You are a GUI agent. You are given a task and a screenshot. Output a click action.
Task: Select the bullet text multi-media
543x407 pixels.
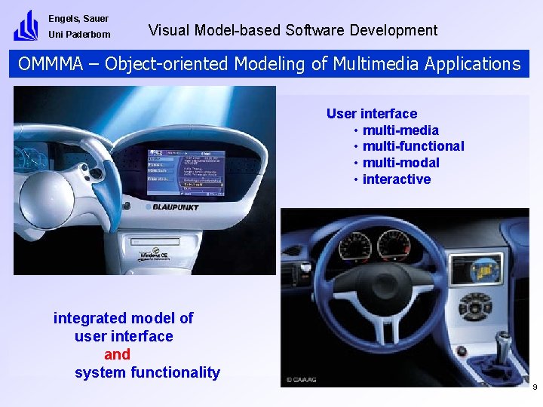click(400, 130)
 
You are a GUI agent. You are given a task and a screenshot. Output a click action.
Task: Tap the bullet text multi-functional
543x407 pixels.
click(413, 146)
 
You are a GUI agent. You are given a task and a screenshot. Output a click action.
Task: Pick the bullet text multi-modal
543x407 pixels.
click(400, 163)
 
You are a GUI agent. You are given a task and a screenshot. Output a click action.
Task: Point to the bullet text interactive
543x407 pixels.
click(397, 179)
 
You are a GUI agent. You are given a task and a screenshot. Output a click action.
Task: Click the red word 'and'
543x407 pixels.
click(117, 354)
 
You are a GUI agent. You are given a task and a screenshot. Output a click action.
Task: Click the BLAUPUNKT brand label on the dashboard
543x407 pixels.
click(175, 207)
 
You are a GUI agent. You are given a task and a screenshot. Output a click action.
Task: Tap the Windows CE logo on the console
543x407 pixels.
click(155, 256)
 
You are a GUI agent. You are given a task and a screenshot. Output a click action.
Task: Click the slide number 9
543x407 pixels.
click(534, 387)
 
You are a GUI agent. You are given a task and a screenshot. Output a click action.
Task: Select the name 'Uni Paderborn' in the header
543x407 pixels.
click(79, 35)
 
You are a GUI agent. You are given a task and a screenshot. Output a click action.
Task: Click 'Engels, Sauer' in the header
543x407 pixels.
click(78, 19)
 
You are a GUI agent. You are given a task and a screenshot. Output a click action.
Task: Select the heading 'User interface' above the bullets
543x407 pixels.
click(371, 114)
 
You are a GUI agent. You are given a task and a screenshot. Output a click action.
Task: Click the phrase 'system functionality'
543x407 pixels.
click(147, 372)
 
